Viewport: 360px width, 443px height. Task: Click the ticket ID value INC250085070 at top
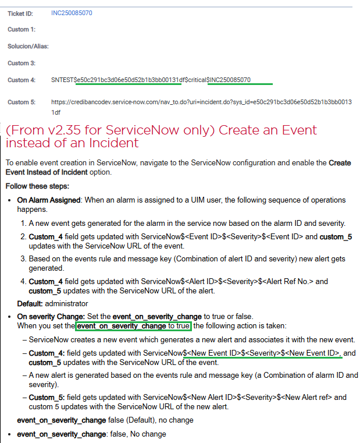click(x=72, y=12)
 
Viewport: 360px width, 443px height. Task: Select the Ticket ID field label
click(x=22, y=12)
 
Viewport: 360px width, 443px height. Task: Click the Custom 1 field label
click(x=22, y=29)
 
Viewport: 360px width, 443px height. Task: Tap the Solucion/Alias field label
click(x=28, y=46)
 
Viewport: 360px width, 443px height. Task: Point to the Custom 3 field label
click(x=22, y=63)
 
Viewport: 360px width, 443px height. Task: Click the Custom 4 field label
click(x=22, y=80)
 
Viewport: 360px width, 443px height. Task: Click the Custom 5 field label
click(x=22, y=102)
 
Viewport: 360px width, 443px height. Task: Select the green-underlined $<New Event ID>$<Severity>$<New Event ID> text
click(x=262, y=353)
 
